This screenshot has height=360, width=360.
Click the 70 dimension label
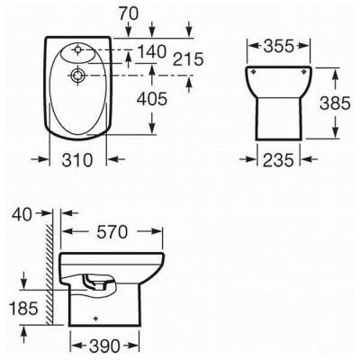click(x=129, y=13)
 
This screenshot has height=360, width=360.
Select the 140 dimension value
click(x=151, y=51)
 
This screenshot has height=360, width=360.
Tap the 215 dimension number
click(x=188, y=58)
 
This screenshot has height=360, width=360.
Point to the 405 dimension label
click(x=151, y=99)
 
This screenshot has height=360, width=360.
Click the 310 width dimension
click(x=77, y=159)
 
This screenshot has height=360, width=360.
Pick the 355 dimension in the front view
click(x=278, y=46)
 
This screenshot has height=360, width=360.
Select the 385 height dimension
click(x=335, y=103)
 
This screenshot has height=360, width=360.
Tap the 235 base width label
click(x=278, y=159)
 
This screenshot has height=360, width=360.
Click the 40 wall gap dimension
click(x=22, y=214)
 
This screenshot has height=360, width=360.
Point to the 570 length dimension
click(x=112, y=231)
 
